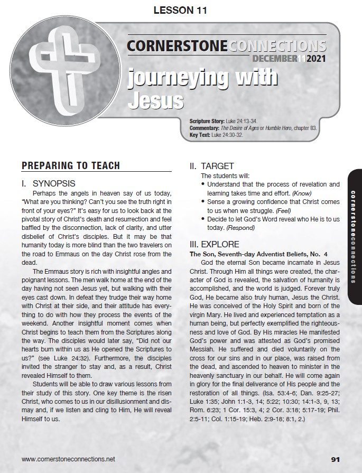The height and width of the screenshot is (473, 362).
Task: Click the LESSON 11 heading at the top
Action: click(180, 10)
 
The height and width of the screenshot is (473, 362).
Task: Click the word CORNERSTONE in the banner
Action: click(177, 46)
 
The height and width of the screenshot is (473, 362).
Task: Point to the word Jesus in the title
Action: click(156, 100)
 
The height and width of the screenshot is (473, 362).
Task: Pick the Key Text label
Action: click(200, 135)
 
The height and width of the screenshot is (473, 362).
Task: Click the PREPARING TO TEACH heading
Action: click(71, 166)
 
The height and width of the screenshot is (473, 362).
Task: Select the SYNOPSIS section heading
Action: click(55, 184)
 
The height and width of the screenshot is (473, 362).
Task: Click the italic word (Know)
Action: click(301, 193)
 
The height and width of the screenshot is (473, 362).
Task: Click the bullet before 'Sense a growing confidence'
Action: click(203, 202)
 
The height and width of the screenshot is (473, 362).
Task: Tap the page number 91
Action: click(338, 458)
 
